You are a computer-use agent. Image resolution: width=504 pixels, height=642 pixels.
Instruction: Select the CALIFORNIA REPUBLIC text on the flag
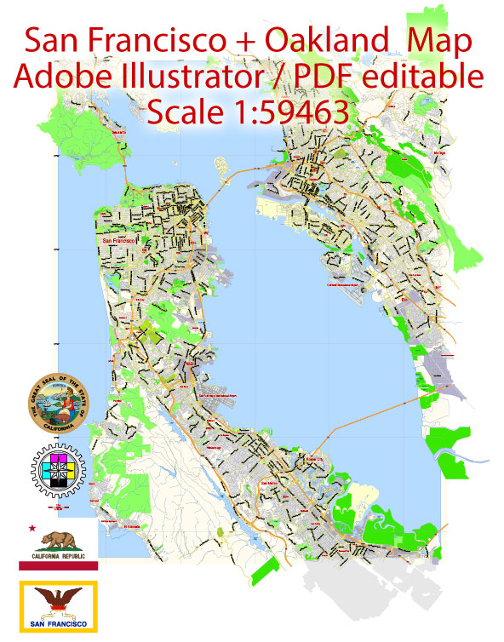pos(60,555)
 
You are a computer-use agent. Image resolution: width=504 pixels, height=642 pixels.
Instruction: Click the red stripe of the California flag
pos(59,565)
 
